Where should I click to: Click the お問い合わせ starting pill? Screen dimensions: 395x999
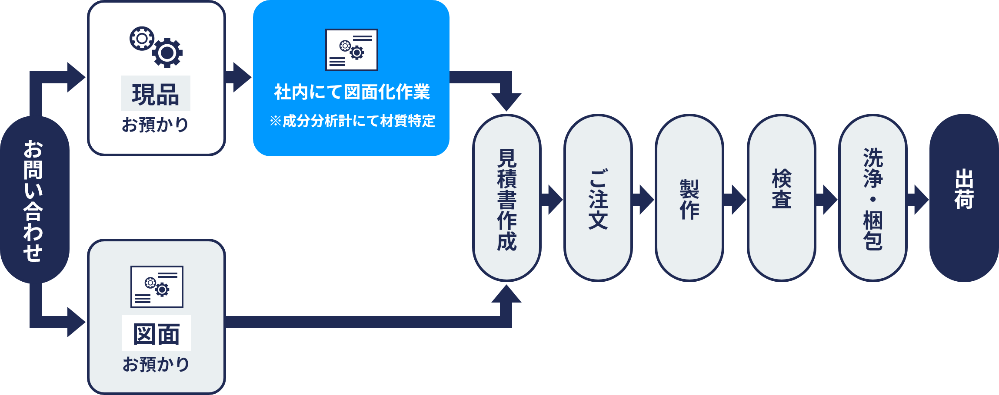pos(34,200)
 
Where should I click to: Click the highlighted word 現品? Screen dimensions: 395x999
pos(156,94)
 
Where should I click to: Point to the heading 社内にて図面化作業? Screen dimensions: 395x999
pos(352,92)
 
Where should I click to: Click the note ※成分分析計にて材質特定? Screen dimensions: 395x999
pos(352,121)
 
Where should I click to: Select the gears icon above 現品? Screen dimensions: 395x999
pos(156,47)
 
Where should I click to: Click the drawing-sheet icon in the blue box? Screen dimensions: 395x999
pos(352,49)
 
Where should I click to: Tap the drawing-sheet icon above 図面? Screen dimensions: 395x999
pos(157,286)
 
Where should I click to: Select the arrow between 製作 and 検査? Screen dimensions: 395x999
pos(735,200)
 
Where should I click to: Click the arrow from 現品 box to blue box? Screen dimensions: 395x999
pos(239,77)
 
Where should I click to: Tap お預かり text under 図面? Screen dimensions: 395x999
pos(156,364)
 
